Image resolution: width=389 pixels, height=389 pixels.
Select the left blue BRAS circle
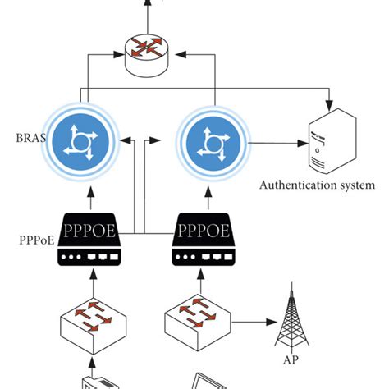tap(81, 141)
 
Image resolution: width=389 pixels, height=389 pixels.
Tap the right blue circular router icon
tap(214, 141)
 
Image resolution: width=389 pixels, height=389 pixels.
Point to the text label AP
tap(291, 359)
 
